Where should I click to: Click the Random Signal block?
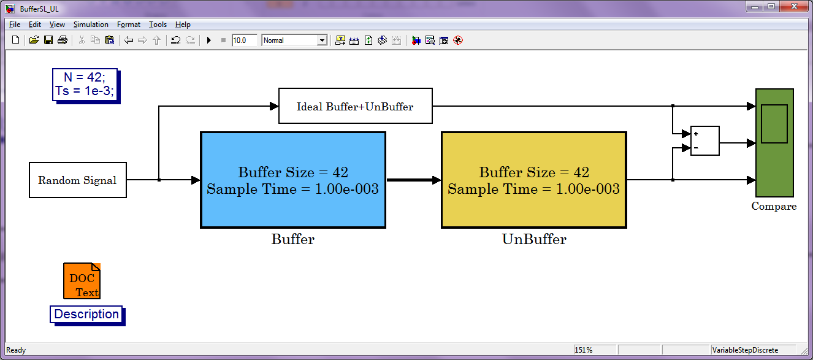(x=78, y=180)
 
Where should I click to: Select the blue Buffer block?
(x=293, y=180)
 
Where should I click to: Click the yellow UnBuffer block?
(x=534, y=180)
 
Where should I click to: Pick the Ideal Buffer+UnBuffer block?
(x=356, y=106)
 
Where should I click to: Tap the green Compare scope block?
(x=774, y=143)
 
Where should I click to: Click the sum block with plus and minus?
(x=705, y=141)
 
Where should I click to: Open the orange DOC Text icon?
(x=82, y=281)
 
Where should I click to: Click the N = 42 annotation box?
(x=86, y=85)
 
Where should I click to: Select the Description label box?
(x=87, y=315)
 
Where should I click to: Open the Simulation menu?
(x=91, y=25)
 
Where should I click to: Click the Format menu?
(x=129, y=25)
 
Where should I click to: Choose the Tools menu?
(x=158, y=25)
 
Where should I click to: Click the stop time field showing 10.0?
(x=244, y=40)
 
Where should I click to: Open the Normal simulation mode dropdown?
(x=294, y=40)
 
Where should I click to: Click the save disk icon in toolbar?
(x=48, y=40)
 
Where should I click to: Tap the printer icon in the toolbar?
(x=63, y=40)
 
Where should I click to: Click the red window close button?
(x=794, y=6)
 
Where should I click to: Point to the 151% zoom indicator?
(x=584, y=350)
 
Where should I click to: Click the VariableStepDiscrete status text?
(x=745, y=350)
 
